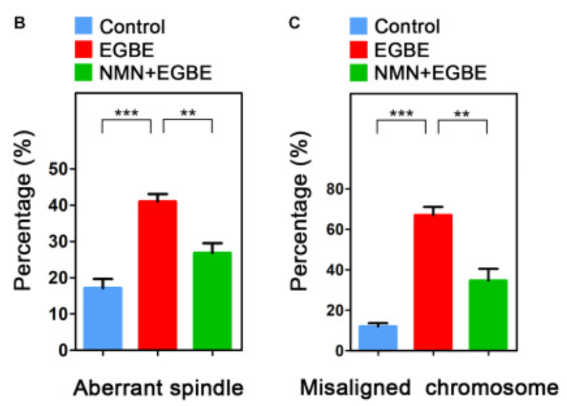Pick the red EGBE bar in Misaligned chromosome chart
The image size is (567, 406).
click(x=433, y=282)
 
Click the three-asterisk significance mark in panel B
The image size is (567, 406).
click(x=126, y=112)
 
